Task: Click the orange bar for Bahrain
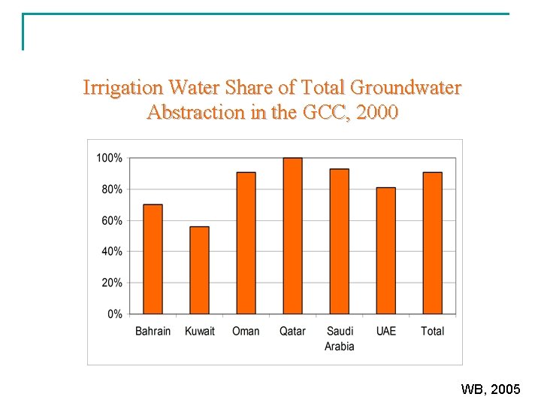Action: pyautogui.click(x=153, y=259)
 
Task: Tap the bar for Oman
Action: pyautogui.click(x=246, y=243)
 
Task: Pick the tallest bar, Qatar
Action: pyautogui.click(x=292, y=236)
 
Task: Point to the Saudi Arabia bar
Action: pyautogui.click(x=339, y=241)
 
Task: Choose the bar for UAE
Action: pyautogui.click(x=385, y=250)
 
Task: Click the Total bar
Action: pyautogui.click(x=432, y=243)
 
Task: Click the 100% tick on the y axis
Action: pyautogui.click(x=109, y=159)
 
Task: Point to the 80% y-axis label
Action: pyautogui.click(x=112, y=189)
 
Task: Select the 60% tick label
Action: pyautogui.click(x=112, y=221)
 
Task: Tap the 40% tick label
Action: pyautogui.click(x=112, y=252)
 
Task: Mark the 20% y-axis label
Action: pyautogui.click(x=112, y=283)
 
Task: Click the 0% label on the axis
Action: pyautogui.click(x=114, y=314)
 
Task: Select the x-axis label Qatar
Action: pyautogui.click(x=292, y=331)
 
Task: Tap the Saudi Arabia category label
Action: pyautogui.click(x=340, y=338)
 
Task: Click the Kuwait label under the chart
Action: pyautogui.click(x=200, y=331)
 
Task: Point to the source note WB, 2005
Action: pyautogui.click(x=490, y=389)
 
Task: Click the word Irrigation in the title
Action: pyautogui.click(x=123, y=88)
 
